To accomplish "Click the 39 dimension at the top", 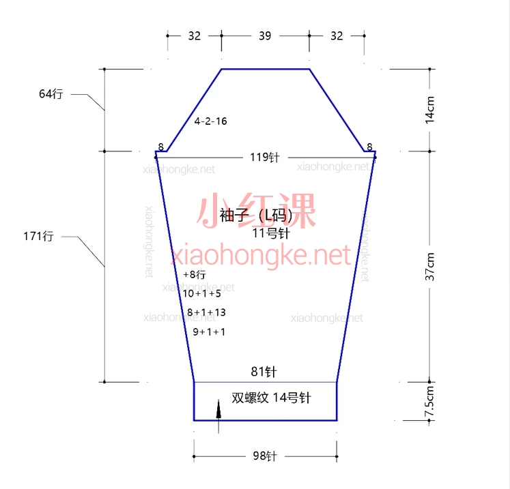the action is (265, 35).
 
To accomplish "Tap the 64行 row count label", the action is (51, 94).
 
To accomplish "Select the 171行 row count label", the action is (38, 236).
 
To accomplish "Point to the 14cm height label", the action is (429, 110).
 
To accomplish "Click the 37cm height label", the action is (429, 267).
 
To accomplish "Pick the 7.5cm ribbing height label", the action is (429, 401).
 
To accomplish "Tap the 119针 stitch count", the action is (265, 158).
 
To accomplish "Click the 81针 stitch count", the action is (264, 372).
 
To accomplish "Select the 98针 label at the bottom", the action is (265, 456).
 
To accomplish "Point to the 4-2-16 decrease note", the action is (210, 121).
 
